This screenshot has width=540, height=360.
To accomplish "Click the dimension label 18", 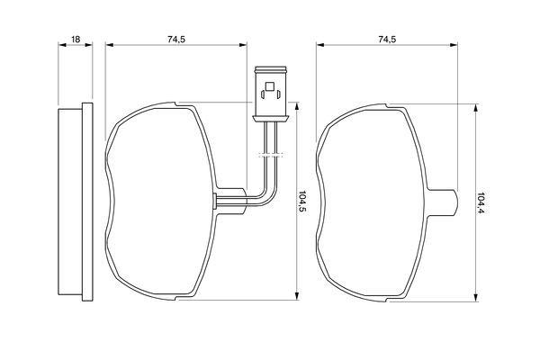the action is pyautogui.click(x=76, y=40).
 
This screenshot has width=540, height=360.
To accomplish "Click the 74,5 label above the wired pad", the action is pyautogui.click(x=176, y=40).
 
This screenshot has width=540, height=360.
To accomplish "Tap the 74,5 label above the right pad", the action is pyautogui.click(x=387, y=40).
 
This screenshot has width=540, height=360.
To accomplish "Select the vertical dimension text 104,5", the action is pyautogui.click(x=302, y=202).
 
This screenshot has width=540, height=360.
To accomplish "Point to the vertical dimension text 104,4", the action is pyautogui.click(x=481, y=202).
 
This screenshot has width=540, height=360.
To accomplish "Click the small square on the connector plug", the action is pyautogui.click(x=269, y=86).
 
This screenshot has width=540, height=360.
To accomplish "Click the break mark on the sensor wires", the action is pyautogui.click(x=270, y=154).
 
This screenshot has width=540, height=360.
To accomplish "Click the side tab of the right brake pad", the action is pyautogui.click(x=443, y=202).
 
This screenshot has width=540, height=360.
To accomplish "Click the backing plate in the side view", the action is pyautogui.click(x=87, y=202).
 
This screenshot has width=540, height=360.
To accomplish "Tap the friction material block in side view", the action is pyautogui.click(x=70, y=202).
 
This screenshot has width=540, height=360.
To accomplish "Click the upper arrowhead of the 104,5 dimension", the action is pyautogui.click(x=296, y=106).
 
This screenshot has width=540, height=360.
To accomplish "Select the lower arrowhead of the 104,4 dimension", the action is pyautogui.click(x=475, y=298).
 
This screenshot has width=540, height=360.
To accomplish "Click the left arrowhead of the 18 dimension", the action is pyautogui.click(x=62, y=44).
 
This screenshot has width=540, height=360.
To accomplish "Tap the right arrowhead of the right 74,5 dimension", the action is pyautogui.click(x=454, y=44).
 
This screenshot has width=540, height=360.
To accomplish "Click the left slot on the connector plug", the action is pyautogui.click(x=263, y=94).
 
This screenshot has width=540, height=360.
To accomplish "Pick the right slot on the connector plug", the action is pyautogui.click(x=278, y=94).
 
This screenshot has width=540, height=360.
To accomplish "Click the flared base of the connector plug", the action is pyautogui.click(x=270, y=119).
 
